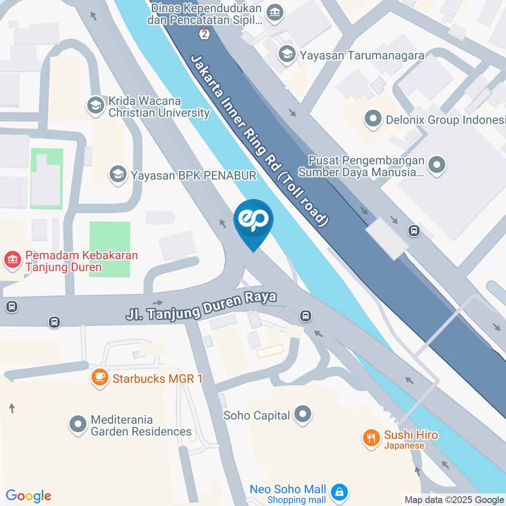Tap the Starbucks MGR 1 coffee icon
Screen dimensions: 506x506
[100, 377]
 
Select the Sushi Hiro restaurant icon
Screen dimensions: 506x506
[372, 437]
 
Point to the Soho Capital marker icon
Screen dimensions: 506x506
[303, 414]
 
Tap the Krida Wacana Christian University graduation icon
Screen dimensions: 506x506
[95, 105]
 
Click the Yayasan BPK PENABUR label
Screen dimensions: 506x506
[193, 174]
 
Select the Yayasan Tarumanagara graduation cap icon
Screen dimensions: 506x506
[287, 54]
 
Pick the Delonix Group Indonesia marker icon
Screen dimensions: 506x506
[373, 119]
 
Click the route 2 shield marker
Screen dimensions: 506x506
[204, 34]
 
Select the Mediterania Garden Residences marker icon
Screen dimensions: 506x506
[78, 424]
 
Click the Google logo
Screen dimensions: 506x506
[28, 495]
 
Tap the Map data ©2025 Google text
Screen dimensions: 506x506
[454, 500]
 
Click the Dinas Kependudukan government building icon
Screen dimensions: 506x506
[274, 12]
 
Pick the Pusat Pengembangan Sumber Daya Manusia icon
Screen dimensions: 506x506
[437, 165]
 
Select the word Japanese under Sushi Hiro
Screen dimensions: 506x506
[404, 445]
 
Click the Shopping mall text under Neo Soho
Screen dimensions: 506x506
[297, 500]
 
